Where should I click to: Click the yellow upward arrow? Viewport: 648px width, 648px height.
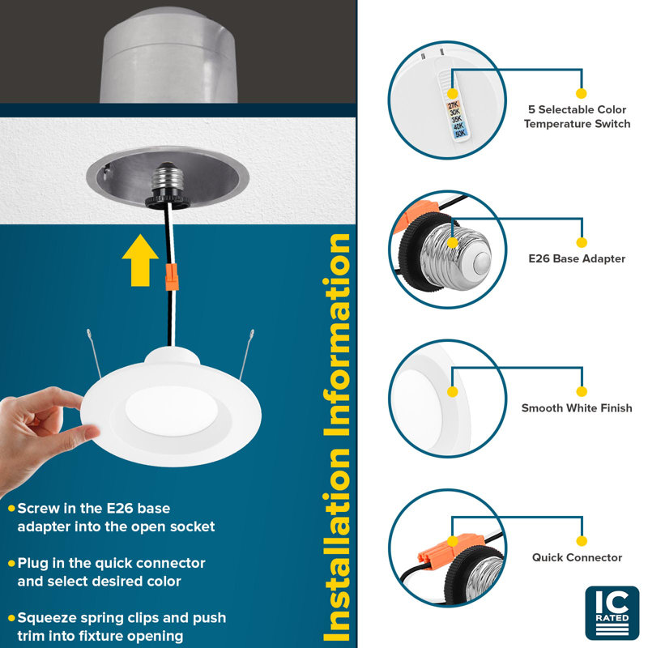point(140,260)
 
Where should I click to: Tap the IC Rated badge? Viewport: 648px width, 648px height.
point(612,613)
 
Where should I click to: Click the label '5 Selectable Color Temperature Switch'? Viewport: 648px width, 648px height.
point(577,117)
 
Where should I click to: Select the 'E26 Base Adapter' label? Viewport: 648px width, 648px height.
point(577,258)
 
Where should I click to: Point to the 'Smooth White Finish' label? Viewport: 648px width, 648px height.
point(577,408)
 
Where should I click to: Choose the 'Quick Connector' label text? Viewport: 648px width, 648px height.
point(577,557)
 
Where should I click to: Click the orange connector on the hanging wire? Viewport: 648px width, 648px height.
point(172,276)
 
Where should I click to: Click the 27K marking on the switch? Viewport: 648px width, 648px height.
point(454,104)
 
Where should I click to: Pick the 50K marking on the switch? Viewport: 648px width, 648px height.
point(460,133)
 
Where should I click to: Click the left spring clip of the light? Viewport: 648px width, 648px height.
point(94,353)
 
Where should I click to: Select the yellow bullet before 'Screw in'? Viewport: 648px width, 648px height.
point(11,509)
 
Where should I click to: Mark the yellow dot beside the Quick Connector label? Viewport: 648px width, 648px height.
point(581,541)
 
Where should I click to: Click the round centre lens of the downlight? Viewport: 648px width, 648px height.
point(172,411)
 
